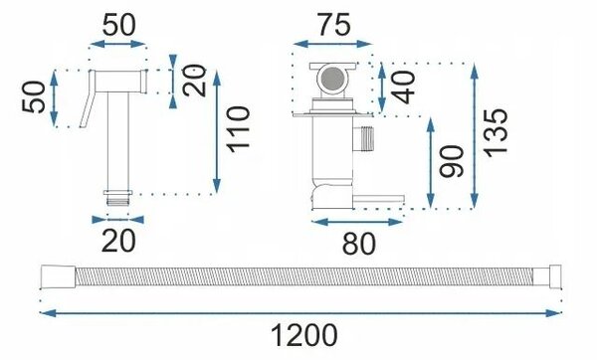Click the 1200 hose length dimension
click(x=303, y=335)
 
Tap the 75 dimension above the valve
click(x=334, y=25)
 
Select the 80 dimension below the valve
click(x=358, y=244)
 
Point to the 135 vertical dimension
click(x=496, y=132)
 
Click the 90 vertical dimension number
click(x=452, y=161)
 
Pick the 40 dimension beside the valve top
click(x=403, y=88)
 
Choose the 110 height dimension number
click(x=238, y=129)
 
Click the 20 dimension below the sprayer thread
click(x=118, y=241)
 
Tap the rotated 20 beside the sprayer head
click(x=194, y=81)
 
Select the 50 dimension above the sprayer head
click(x=118, y=25)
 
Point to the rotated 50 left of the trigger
click(x=34, y=97)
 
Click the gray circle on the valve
click(x=332, y=80)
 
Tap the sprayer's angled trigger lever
click(x=88, y=98)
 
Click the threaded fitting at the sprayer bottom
click(x=118, y=198)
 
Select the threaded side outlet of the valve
click(x=363, y=138)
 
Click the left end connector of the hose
click(x=58, y=276)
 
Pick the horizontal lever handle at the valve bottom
click(x=378, y=200)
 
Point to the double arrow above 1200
click(x=300, y=313)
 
